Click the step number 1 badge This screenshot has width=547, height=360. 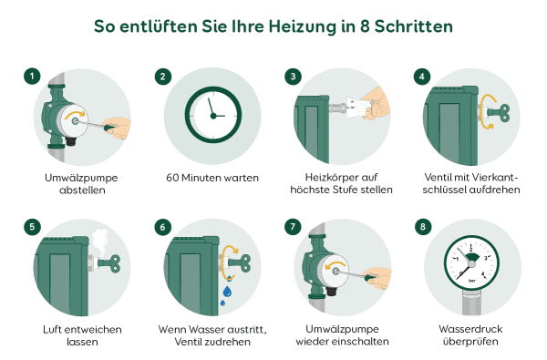point(32,77)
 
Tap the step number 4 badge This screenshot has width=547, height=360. point(421,77)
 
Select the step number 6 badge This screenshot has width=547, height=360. point(163,226)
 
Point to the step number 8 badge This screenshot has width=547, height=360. point(421,226)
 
